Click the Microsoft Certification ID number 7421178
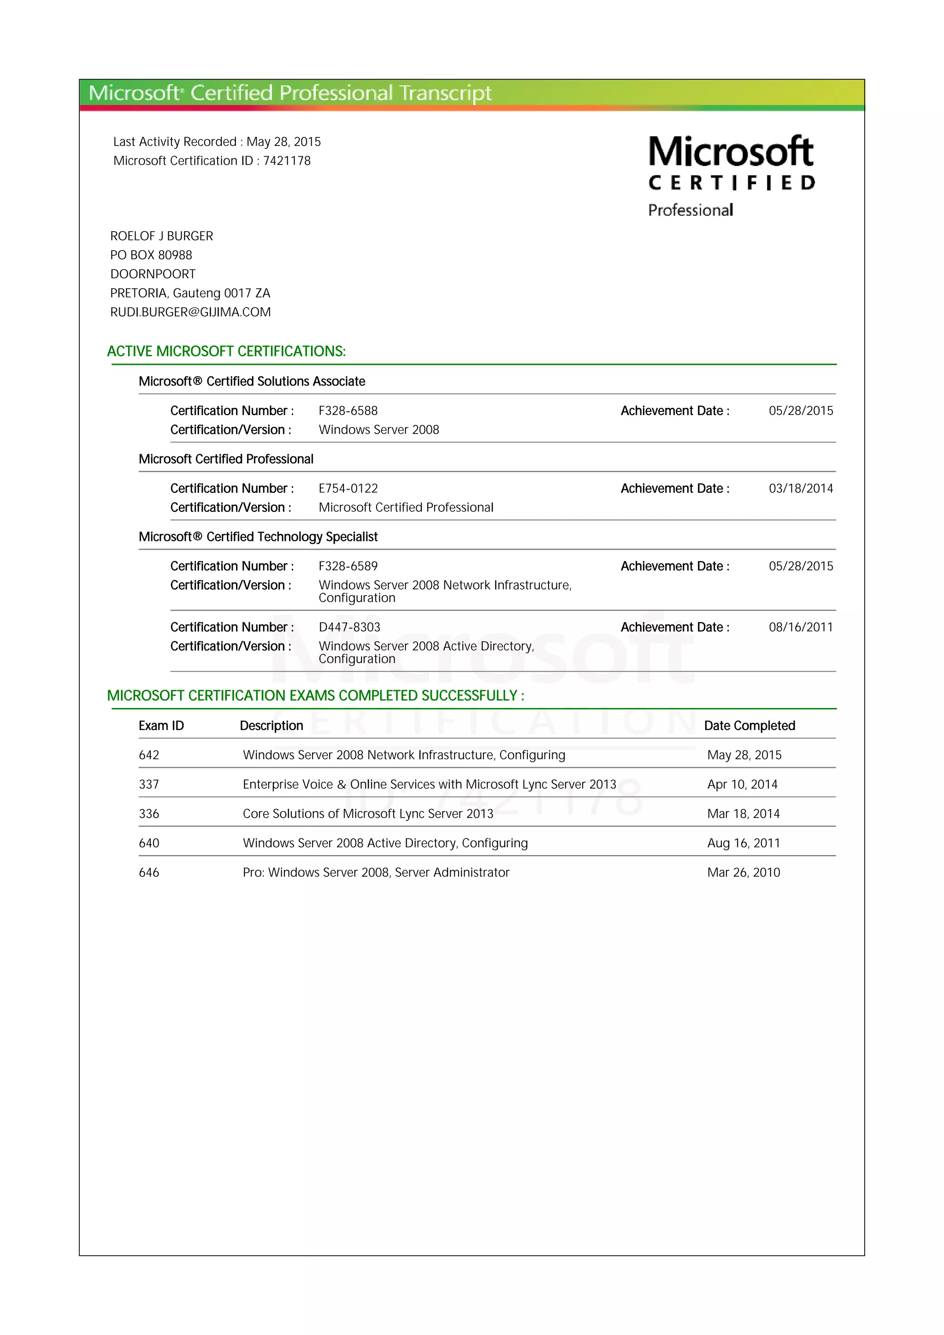[287, 161]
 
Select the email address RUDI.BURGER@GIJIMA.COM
[190, 312]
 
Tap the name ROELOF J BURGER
[162, 236]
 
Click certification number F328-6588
[348, 411]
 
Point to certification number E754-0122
[348, 488]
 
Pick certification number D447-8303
[349, 627]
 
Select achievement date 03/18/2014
[800, 488]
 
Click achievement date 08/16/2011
[800, 627]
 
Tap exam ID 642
[149, 755]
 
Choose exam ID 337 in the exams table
[149, 785]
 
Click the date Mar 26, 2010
[743, 873]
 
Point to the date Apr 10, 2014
[742, 785]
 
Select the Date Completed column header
[749, 726]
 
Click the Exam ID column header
[161, 726]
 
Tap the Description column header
[271, 726]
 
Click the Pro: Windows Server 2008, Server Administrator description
[376, 873]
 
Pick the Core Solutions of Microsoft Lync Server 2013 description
[367, 814]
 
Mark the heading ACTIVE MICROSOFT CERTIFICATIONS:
[226, 352]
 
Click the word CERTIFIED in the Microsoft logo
[731, 183]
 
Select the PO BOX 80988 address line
[151, 255]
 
